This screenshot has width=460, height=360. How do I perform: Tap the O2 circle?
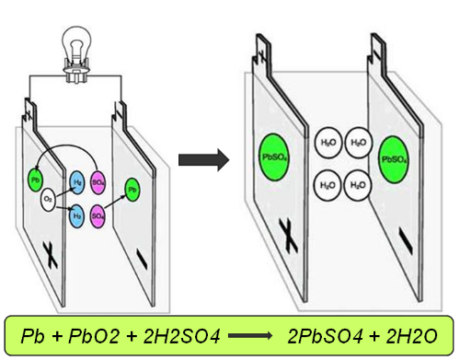coord(48,199)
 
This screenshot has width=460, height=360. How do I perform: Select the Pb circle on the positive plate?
coord(36,180)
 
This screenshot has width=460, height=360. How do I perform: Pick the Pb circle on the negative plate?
coord(132,190)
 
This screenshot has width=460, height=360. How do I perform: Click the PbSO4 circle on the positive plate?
coord(274,157)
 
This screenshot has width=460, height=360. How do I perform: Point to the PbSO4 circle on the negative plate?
coord(394,159)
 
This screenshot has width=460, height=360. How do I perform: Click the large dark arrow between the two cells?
coord(204,160)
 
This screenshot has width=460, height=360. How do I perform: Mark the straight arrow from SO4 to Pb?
coord(115,202)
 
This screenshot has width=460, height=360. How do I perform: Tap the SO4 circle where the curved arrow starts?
coord(98,182)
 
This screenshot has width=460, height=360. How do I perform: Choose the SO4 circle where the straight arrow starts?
coord(98,216)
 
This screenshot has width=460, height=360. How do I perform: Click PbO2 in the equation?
coord(94,336)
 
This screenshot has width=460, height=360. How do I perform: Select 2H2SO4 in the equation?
coord(181,336)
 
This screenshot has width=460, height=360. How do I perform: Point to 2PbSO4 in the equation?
coord(325,336)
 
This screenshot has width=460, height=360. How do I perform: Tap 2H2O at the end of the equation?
coord(411,336)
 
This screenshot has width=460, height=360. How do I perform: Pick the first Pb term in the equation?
coord(32,336)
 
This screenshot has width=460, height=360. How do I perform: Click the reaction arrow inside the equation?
coord(250,336)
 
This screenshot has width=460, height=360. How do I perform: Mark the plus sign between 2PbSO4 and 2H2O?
coord(374,337)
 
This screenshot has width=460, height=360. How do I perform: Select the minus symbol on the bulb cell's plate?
coord(142,260)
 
